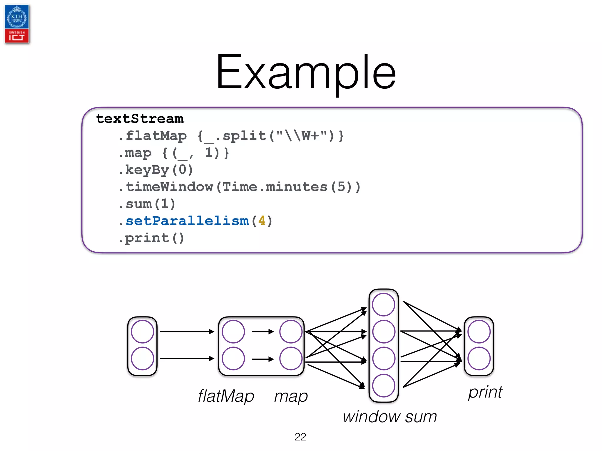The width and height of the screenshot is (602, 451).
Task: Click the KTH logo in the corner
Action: pyautogui.click(x=17, y=24)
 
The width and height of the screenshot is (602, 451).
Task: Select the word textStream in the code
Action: pyautogui.click(x=140, y=119)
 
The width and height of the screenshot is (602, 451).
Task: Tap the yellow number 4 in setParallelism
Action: pyautogui.click(x=262, y=221)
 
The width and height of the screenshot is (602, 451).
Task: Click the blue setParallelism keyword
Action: pyautogui.click(x=187, y=221)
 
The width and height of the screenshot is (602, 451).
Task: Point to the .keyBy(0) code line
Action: pyautogui.click(x=156, y=170)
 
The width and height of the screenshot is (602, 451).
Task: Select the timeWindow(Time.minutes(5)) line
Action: pyautogui.click(x=240, y=187)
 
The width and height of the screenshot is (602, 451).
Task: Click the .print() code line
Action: pyautogui.click(x=151, y=238)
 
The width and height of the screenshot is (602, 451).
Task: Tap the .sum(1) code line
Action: pyautogui.click(x=147, y=204)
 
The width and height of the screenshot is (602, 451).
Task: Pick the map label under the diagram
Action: pyautogui.click(x=291, y=396)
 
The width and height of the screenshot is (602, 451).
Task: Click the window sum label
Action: pyautogui.click(x=390, y=416)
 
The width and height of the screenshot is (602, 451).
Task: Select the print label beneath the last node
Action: pyautogui.click(x=485, y=392)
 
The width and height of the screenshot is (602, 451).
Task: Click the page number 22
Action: pyautogui.click(x=300, y=437)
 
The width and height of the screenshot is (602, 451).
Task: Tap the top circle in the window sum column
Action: pyautogui.click(x=384, y=304)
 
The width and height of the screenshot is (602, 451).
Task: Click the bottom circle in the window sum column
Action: pyautogui.click(x=384, y=386)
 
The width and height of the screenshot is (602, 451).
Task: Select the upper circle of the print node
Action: pyautogui.click(x=479, y=331)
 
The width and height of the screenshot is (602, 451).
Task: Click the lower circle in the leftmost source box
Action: pyautogui.click(x=143, y=359)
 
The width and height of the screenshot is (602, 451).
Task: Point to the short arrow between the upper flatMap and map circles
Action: pyautogui.click(x=262, y=331)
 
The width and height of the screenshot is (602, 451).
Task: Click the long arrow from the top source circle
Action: pyautogui.click(x=187, y=331)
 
